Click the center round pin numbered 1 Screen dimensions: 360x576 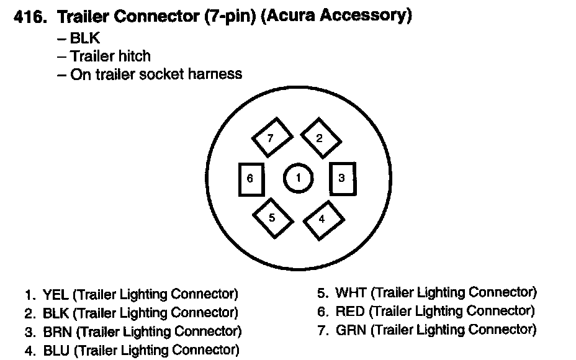[x=298, y=179]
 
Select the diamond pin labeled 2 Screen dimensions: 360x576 [x=320, y=138]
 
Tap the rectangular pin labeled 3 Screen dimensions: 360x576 [x=342, y=179]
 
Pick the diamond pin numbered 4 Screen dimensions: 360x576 [x=322, y=219]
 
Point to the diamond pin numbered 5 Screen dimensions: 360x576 [x=272, y=218]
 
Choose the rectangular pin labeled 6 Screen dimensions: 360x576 [x=251, y=179]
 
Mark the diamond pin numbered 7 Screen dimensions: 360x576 [x=271, y=138]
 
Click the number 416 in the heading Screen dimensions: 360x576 [x=29, y=17]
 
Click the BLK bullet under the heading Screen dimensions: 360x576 [x=85, y=38]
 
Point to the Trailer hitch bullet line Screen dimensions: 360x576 [x=110, y=56]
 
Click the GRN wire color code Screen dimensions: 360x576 [x=351, y=330]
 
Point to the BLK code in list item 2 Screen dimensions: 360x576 [x=56, y=313]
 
